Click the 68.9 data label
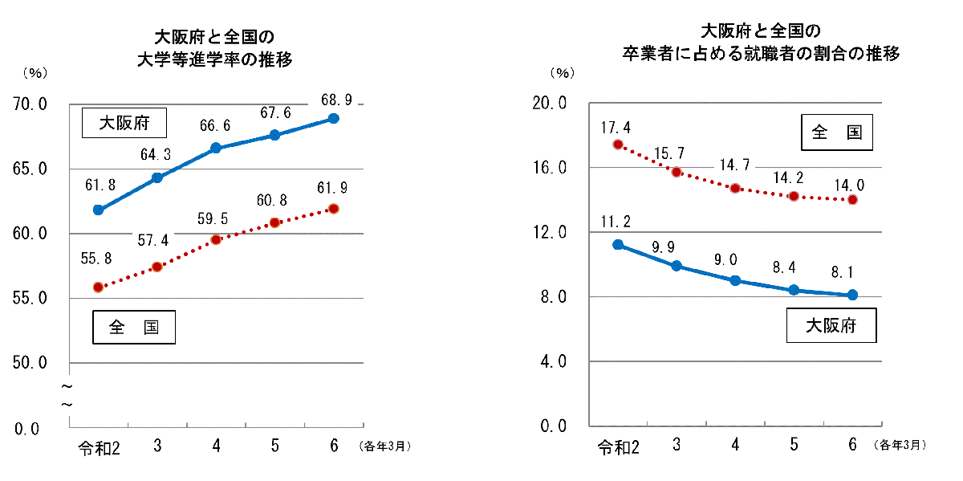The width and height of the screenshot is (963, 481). (334, 100)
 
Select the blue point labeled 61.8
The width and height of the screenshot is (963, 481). (99, 210)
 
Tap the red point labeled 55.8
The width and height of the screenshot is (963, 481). (99, 287)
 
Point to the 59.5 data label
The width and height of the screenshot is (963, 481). (216, 218)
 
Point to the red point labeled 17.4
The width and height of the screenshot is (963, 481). (618, 145)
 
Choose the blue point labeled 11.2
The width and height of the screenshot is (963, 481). (618, 244)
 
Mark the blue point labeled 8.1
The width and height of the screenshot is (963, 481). (852, 295)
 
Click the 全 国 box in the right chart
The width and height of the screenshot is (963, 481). (837, 132)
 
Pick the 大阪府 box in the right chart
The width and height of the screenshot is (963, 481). (831, 326)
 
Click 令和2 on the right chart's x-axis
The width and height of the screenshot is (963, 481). (619, 446)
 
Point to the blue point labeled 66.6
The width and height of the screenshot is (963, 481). (216, 148)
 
